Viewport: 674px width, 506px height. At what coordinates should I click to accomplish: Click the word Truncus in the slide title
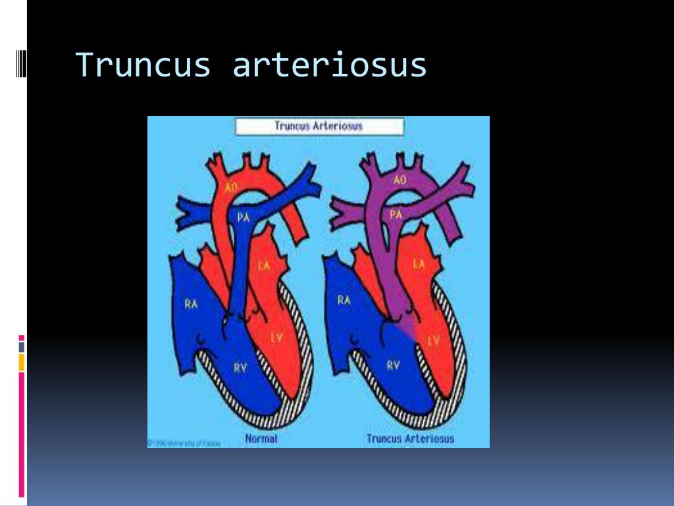143,65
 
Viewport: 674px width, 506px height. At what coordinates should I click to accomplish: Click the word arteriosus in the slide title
329,65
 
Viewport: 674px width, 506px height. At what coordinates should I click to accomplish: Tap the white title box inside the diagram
319,126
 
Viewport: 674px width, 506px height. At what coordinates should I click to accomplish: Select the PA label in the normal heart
244,217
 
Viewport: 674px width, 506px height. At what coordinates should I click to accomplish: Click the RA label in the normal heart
191,304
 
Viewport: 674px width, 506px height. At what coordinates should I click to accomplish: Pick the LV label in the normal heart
276,337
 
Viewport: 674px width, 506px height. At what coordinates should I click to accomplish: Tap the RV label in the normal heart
240,368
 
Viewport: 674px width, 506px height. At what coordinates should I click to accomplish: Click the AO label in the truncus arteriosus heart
400,179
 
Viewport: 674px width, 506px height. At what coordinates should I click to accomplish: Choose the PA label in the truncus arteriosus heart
396,214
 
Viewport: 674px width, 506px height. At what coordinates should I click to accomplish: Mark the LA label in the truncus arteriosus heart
419,264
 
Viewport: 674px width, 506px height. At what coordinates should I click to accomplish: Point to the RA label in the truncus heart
344,300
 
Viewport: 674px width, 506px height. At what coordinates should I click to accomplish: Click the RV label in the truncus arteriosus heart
393,365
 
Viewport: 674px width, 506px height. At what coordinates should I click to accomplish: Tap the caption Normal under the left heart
261,439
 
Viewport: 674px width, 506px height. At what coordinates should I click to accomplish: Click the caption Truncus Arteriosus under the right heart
410,439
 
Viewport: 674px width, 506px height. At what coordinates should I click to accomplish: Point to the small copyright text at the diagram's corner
184,443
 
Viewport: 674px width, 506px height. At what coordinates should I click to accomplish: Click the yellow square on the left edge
22,361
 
